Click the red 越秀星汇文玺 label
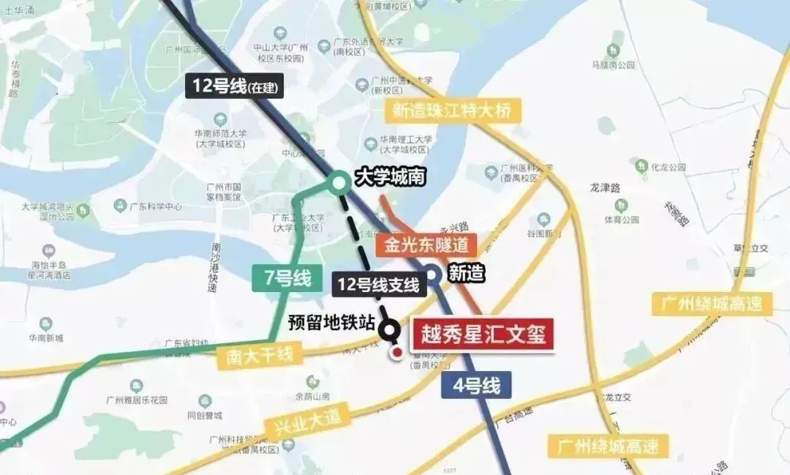(483, 334)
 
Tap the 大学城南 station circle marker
(339, 181)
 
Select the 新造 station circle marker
(432, 274)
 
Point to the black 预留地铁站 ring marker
(390, 330)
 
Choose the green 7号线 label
(286, 278)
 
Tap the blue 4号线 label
(476, 385)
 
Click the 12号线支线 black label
(378, 284)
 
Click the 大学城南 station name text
(390, 178)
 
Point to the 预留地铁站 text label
(331, 323)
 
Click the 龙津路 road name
(605, 187)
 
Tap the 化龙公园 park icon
(642, 165)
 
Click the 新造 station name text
(467, 274)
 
